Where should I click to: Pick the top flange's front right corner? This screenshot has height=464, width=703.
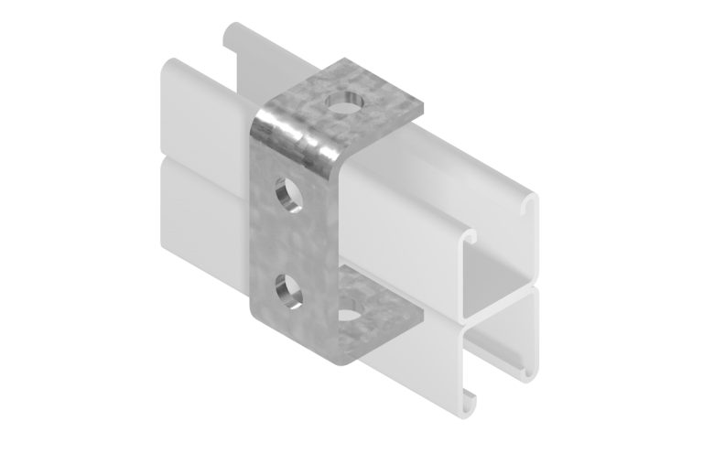[423, 107]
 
